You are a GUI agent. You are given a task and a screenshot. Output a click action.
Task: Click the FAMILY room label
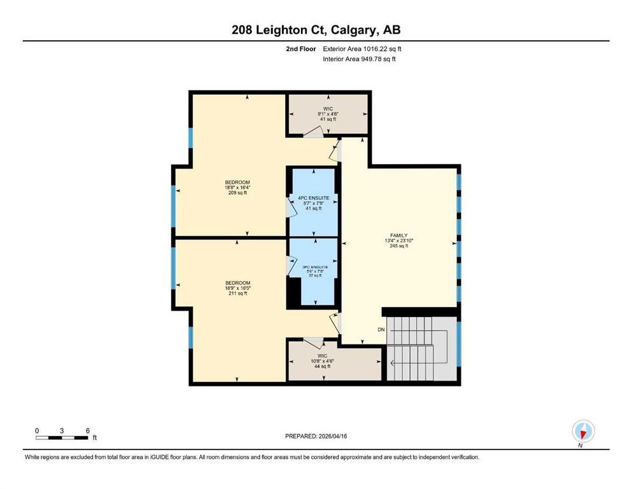point(398,236)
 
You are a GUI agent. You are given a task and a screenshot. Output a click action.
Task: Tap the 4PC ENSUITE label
point(314,198)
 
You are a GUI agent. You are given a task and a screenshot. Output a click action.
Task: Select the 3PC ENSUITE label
point(315,267)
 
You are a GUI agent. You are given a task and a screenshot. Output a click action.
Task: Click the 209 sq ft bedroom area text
point(237,193)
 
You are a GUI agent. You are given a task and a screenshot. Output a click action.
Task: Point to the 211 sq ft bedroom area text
point(238,294)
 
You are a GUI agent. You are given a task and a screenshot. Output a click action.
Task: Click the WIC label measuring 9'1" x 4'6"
point(328,109)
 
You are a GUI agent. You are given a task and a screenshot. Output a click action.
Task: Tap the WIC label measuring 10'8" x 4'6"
point(323,356)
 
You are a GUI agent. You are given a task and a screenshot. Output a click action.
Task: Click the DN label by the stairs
point(381,330)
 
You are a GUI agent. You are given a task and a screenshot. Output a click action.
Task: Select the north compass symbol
point(583,431)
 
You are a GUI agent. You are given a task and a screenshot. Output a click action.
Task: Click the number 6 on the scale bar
point(88,430)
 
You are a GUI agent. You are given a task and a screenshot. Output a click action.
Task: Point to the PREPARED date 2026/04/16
point(316,436)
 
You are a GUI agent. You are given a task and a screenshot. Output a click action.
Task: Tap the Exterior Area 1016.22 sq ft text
point(362,49)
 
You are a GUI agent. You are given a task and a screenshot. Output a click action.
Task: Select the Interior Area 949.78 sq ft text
point(359,59)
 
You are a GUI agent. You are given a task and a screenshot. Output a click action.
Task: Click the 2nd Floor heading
point(301,49)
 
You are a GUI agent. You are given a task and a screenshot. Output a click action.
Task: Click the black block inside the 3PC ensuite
point(294,292)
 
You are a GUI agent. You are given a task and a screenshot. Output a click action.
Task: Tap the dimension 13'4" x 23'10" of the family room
point(399,241)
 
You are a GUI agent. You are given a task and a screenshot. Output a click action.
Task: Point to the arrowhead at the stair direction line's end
point(393,363)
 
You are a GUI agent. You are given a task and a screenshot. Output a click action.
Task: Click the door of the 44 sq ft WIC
point(313,343)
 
